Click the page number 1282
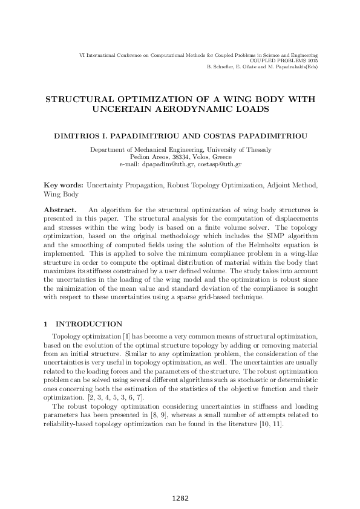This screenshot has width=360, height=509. click(x=180, y=498)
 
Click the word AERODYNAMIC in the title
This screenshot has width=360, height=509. click(x=189, y=109)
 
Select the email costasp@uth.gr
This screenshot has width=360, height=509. click(x=223, y=164)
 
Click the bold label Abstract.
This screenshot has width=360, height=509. click(x=60, y=209)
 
